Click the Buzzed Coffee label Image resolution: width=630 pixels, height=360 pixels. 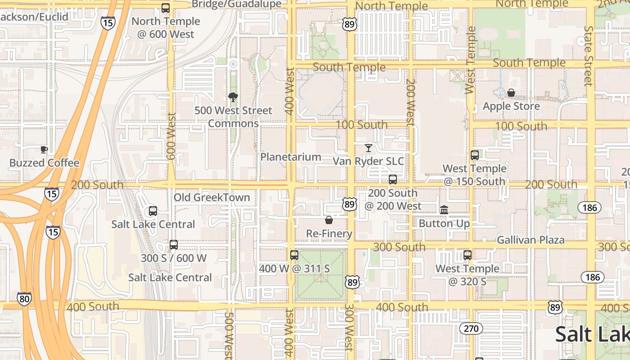click(44, 163)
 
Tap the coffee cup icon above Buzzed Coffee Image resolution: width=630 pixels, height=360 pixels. click(44, 149)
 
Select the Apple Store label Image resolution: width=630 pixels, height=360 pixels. click(511, 106)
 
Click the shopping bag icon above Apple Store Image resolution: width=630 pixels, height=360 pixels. click(511, 93)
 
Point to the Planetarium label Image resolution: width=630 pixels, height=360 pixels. click(291, 157)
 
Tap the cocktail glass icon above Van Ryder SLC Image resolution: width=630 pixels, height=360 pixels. click(369, 148)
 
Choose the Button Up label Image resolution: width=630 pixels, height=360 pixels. click(444, 223)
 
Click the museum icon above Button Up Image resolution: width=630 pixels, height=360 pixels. click(444, 210)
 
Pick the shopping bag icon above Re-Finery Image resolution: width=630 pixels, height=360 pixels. click(329, 220)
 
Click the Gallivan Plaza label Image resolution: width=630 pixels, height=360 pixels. click(531, 240)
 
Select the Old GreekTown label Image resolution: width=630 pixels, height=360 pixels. click(212, 198)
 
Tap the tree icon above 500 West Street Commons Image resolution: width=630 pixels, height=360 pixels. click(233, 97)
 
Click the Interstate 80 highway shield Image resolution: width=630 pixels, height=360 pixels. click(24, 298)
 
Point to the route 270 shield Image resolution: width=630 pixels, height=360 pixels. click(471, 328)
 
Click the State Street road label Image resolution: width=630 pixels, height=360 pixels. click(589, 56)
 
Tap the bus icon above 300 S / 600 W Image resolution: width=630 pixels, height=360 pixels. click(174, 245)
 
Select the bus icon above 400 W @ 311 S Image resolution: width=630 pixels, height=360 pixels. click(294, 255)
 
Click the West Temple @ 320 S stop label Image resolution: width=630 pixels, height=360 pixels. click(467, 275)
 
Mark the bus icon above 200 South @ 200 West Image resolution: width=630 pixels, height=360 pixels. click(393, 180)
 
